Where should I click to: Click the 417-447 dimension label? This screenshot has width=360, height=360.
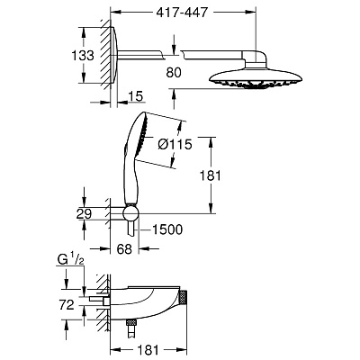(x=183, y=13)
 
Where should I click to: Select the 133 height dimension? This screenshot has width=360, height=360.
(x=83, y=56)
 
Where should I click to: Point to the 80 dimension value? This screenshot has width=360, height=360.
(x=174, y=73)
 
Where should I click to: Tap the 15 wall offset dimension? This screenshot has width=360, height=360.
(x=135, y=96)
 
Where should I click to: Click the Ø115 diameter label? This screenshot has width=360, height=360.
(x=175, y=145)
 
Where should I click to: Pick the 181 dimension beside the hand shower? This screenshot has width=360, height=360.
(x=211, y=175)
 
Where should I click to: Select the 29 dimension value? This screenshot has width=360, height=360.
(x=84, y=214)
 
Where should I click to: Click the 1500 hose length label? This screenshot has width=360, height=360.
(x=167, y=229)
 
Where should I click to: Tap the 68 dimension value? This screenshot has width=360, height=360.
(x=124, y=249)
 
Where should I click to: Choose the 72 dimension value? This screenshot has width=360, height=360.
(x=67, y=305)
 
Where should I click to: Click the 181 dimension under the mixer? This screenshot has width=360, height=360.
(x=148, y=350)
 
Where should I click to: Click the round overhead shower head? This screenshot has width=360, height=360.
(x=256, y=78)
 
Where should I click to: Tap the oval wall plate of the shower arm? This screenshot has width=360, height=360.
(x=114, y=55)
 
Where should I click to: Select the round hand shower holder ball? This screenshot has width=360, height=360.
(x=130, y=213)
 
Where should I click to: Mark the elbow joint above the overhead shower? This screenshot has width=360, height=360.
(x=256, y=59)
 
